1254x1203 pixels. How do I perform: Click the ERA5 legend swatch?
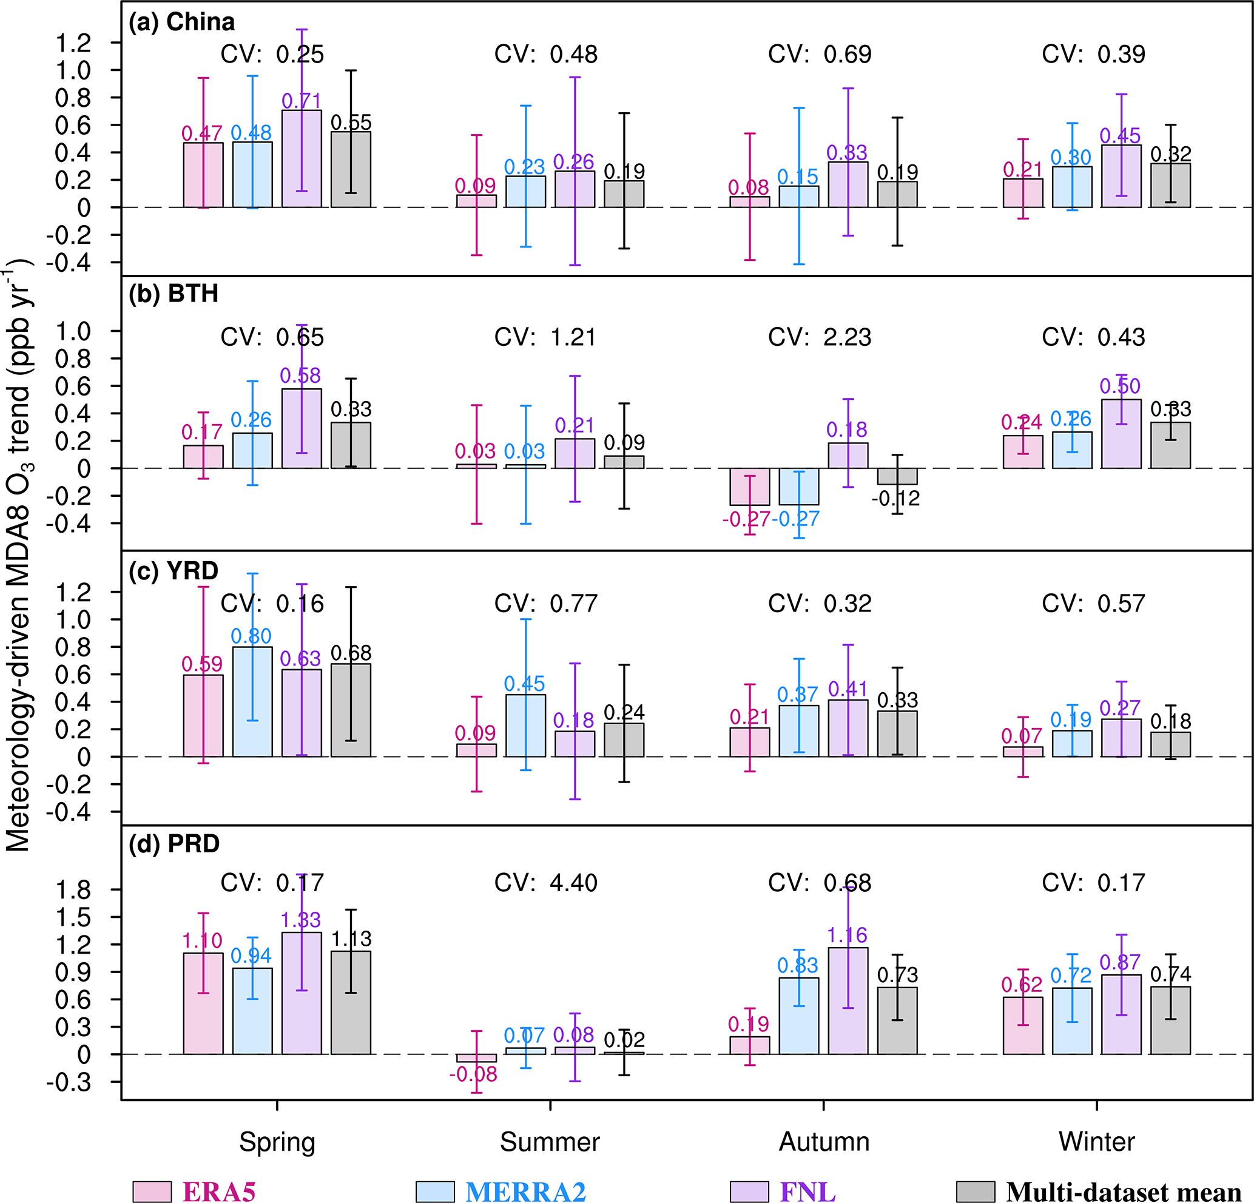click(152, 1191)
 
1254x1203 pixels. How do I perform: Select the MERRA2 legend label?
click(525, 1191)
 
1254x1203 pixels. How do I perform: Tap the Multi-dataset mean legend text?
click(1124, 1191)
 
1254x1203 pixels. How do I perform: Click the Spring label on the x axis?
click(277, 1141)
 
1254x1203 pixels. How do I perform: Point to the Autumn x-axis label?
click(824, 1141)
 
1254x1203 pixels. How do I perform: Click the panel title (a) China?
click(182, 22)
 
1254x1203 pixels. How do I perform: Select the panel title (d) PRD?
click(174, 843)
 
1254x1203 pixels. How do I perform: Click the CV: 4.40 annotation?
click(546, 883)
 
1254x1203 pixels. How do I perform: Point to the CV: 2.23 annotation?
click(820, 337)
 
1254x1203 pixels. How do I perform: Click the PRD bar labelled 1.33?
click(302, 992)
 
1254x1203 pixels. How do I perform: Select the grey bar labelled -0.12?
click(897, 476)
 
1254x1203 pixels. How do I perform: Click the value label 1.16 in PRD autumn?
click(847, 935)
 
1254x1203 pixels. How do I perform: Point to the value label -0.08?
click(473, 1074)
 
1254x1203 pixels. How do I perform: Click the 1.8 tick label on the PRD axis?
click(74, 890)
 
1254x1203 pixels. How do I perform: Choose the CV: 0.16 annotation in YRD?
click(272, 603)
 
